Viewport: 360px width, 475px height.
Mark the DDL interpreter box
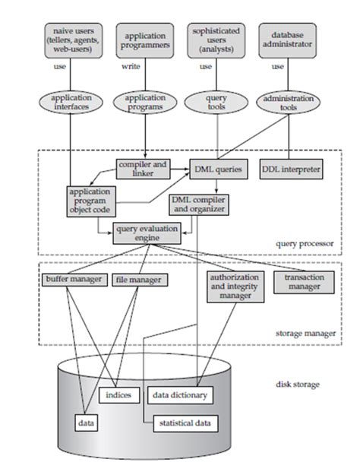click(x=290, y=169)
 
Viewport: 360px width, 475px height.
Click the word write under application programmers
click(x=131, y=66)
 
